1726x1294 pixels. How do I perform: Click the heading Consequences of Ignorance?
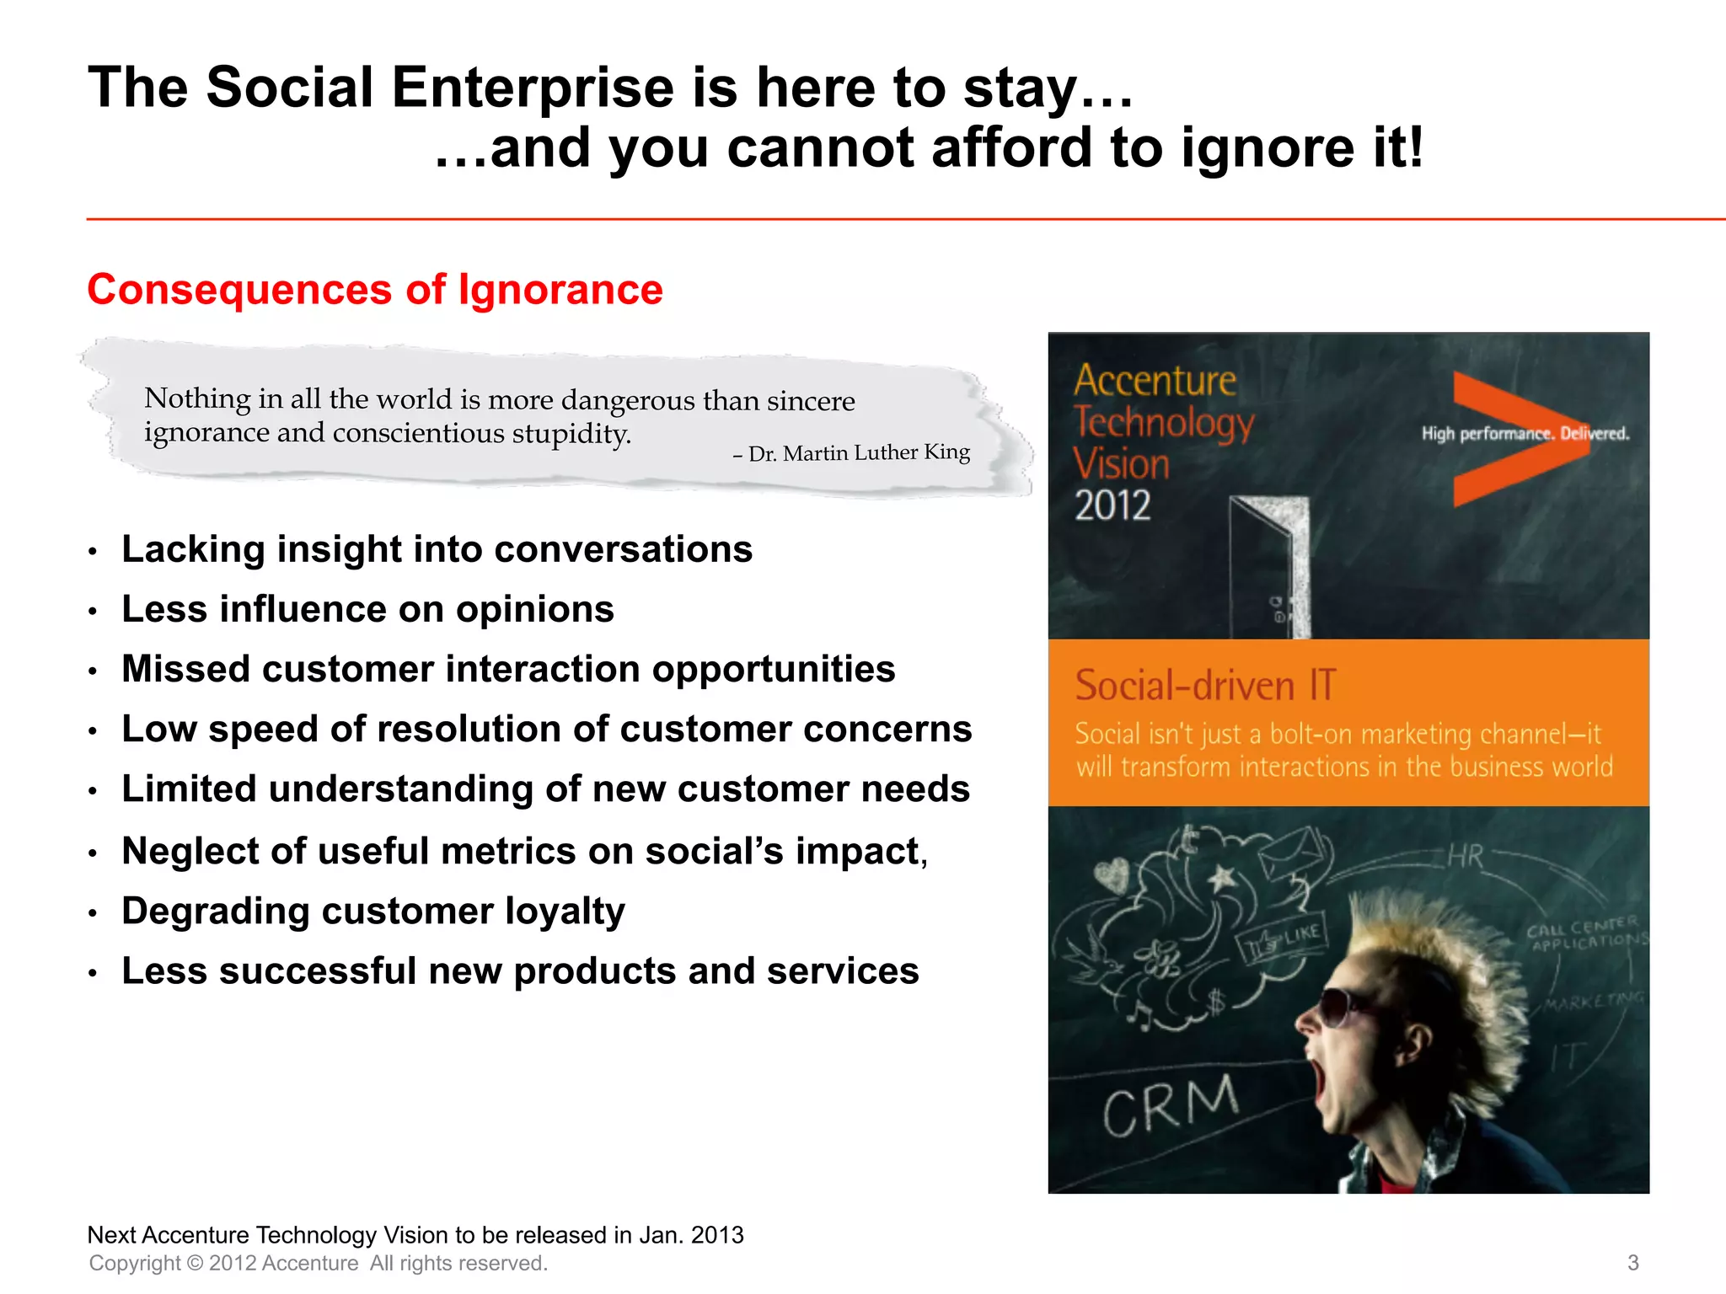coord(375,290)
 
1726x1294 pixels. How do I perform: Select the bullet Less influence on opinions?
coord(367,609)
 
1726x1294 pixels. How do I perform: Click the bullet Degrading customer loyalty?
coord(373,912)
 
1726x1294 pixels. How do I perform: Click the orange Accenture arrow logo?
coord(1509,438)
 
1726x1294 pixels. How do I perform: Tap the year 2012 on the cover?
coord(1112,505)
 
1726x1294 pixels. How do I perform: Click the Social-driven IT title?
coord(1205,685)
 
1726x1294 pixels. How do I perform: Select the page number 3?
coord(1632,1263)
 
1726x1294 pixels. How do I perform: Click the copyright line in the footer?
coord(319,1263)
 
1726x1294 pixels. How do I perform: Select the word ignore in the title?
coord(1268,148)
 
